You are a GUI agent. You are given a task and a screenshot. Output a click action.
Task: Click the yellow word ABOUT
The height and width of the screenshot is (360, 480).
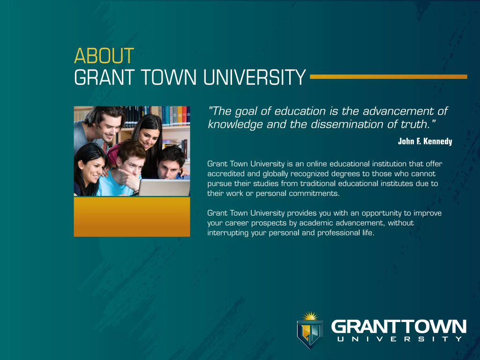pyautogui.click(x=104, y=56)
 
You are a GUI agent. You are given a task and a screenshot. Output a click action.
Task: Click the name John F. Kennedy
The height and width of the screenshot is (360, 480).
pyautogui.click(x=425, y=141)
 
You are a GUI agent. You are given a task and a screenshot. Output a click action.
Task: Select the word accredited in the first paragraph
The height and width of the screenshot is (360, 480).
pyautogui.click(x=225, y=173)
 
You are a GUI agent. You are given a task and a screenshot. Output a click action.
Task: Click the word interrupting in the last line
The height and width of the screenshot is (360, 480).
pyautogui.click(x=228, y=233)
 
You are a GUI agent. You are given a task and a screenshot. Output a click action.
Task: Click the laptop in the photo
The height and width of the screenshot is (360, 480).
pyautogui.click(x=164, y=187)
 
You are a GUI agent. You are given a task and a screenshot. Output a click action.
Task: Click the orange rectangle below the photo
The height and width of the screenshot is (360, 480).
pyautogui.click(x=132, y=217)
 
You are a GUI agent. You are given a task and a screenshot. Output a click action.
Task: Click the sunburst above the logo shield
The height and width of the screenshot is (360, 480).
pyautogui.click(x=309, y=316)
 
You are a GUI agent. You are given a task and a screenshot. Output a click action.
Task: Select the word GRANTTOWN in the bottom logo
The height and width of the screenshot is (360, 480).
pyautogui.click(x=398, y=327)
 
